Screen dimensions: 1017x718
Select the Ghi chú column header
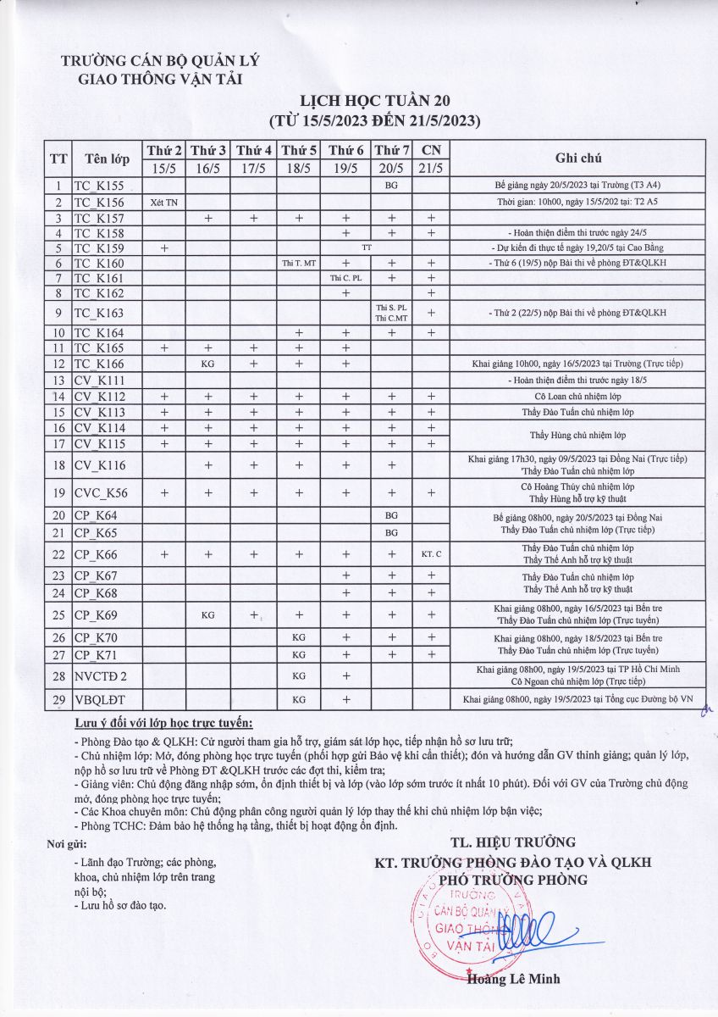click(x=577, y=158)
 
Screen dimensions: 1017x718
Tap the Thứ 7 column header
click(x=391, y=150)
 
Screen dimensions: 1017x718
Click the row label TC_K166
click(x=99, y=364)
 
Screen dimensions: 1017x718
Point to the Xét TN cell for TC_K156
click(x=164, y=202)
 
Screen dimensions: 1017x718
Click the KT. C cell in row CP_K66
click(x=431, y=554)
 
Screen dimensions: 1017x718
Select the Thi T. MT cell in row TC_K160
click(x=299, y=264)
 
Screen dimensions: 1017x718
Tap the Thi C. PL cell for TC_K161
click(x=345, y=278)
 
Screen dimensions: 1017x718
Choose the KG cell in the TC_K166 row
click(x=207, y=364)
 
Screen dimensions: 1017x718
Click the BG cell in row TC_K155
click(x=391, y=186)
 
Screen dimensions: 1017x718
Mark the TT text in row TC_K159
click(x=367, y=247)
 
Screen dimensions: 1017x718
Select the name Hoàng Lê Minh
click(x=513, y=979)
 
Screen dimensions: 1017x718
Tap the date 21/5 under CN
click(x=431, y=167)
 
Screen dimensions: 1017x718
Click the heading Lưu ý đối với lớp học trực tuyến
click(x=163, y=723)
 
